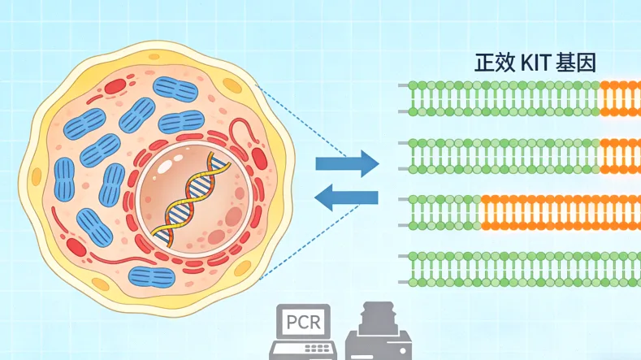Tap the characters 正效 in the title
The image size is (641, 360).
pos(494,63)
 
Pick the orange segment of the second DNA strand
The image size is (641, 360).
pos(620,155)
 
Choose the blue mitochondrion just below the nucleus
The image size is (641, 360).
pos(153,276)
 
